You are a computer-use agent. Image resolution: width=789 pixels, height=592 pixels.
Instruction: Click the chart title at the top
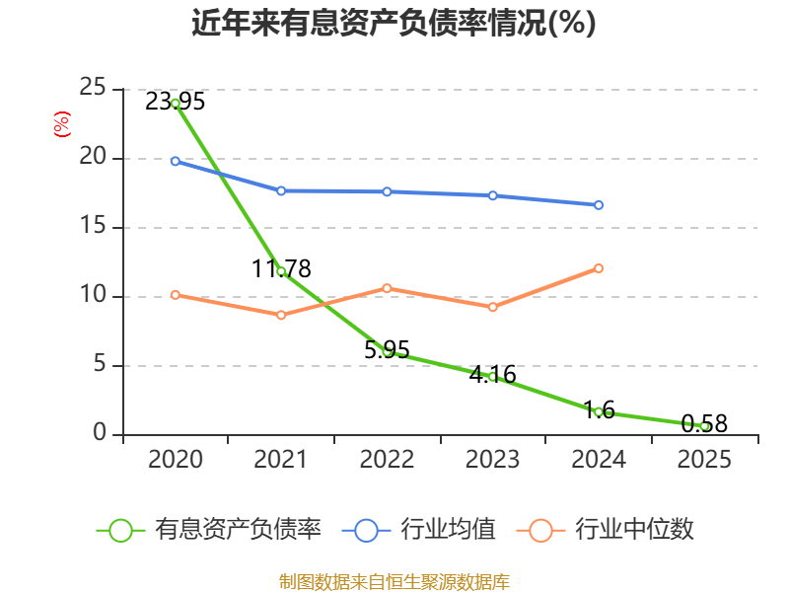[394, 23]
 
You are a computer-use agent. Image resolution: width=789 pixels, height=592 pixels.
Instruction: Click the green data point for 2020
[176, 104]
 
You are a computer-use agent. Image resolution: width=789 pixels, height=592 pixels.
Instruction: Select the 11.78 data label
[281, 268]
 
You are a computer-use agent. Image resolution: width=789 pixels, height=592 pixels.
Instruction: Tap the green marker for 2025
[704, 426]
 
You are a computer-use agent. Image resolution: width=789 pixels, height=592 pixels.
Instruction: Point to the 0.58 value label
[704, 424]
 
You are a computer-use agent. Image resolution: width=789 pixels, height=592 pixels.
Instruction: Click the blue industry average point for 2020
[176, 161]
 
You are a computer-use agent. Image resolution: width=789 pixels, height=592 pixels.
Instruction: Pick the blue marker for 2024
[599, 205]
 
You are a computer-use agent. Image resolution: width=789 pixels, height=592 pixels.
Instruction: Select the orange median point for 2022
[387, 288]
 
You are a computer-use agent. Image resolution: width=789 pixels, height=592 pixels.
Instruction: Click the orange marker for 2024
[599, 268]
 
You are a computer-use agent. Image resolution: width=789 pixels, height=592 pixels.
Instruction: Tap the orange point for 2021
[281, 315]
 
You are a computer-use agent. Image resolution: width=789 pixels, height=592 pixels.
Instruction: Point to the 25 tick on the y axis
[93, 88]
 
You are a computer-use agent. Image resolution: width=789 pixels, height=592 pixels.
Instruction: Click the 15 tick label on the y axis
[93, 226]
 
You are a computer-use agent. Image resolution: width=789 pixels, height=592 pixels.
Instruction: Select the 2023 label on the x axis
[492, 459]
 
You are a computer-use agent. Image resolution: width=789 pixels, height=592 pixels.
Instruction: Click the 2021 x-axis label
[280, 459]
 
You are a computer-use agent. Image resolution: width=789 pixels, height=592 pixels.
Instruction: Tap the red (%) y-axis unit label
[62, 124]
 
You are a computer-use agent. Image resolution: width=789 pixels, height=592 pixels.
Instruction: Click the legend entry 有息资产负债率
[209, 530]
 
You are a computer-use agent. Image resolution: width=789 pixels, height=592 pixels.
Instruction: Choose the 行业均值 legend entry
[418, 530]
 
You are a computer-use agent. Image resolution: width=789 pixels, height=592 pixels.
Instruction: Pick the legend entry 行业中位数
[606, 530]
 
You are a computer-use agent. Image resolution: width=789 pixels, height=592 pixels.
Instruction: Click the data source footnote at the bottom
[394, 582]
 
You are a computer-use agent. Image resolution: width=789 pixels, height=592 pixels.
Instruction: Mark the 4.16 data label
[493, 375]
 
